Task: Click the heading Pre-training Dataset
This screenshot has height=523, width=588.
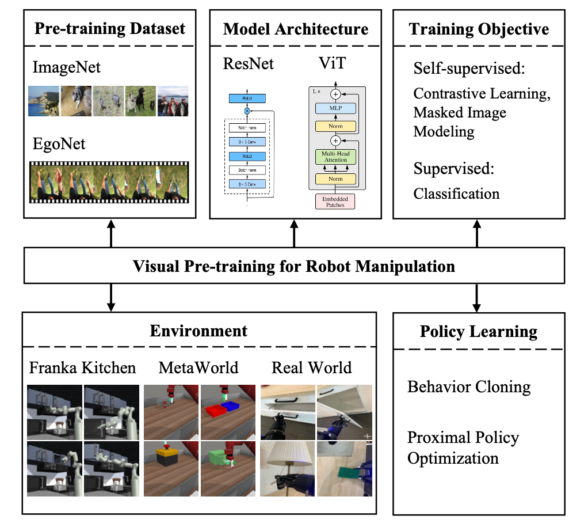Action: tap(110, 29)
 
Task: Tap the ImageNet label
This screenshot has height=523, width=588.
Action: tap(67, 67)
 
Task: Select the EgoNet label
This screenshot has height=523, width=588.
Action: tap(59, 143)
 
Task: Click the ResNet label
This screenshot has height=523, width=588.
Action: tap(249, 63)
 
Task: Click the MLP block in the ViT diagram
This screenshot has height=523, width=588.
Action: tap(335, 108)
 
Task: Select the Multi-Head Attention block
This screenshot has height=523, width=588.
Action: tap(335, 156)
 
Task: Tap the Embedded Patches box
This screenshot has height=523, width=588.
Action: tap(335, 201)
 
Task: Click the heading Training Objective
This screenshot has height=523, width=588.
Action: tap(479, 29)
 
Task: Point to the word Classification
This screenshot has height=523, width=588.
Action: tap(457, 193)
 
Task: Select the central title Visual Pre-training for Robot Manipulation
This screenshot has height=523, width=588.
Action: tap(294, 267)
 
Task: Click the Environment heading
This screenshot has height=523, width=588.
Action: tap(198, 331)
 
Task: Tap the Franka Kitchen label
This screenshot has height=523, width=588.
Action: tap(82, 367)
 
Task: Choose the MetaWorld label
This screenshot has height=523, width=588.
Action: tap(198, 367)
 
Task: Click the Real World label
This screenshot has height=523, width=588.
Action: tap(312, 367)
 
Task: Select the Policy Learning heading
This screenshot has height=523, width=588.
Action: tap(479, 332)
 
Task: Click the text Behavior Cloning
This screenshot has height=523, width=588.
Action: tap(469, 386)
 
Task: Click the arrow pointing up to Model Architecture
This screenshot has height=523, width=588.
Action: tap(295, 233)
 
